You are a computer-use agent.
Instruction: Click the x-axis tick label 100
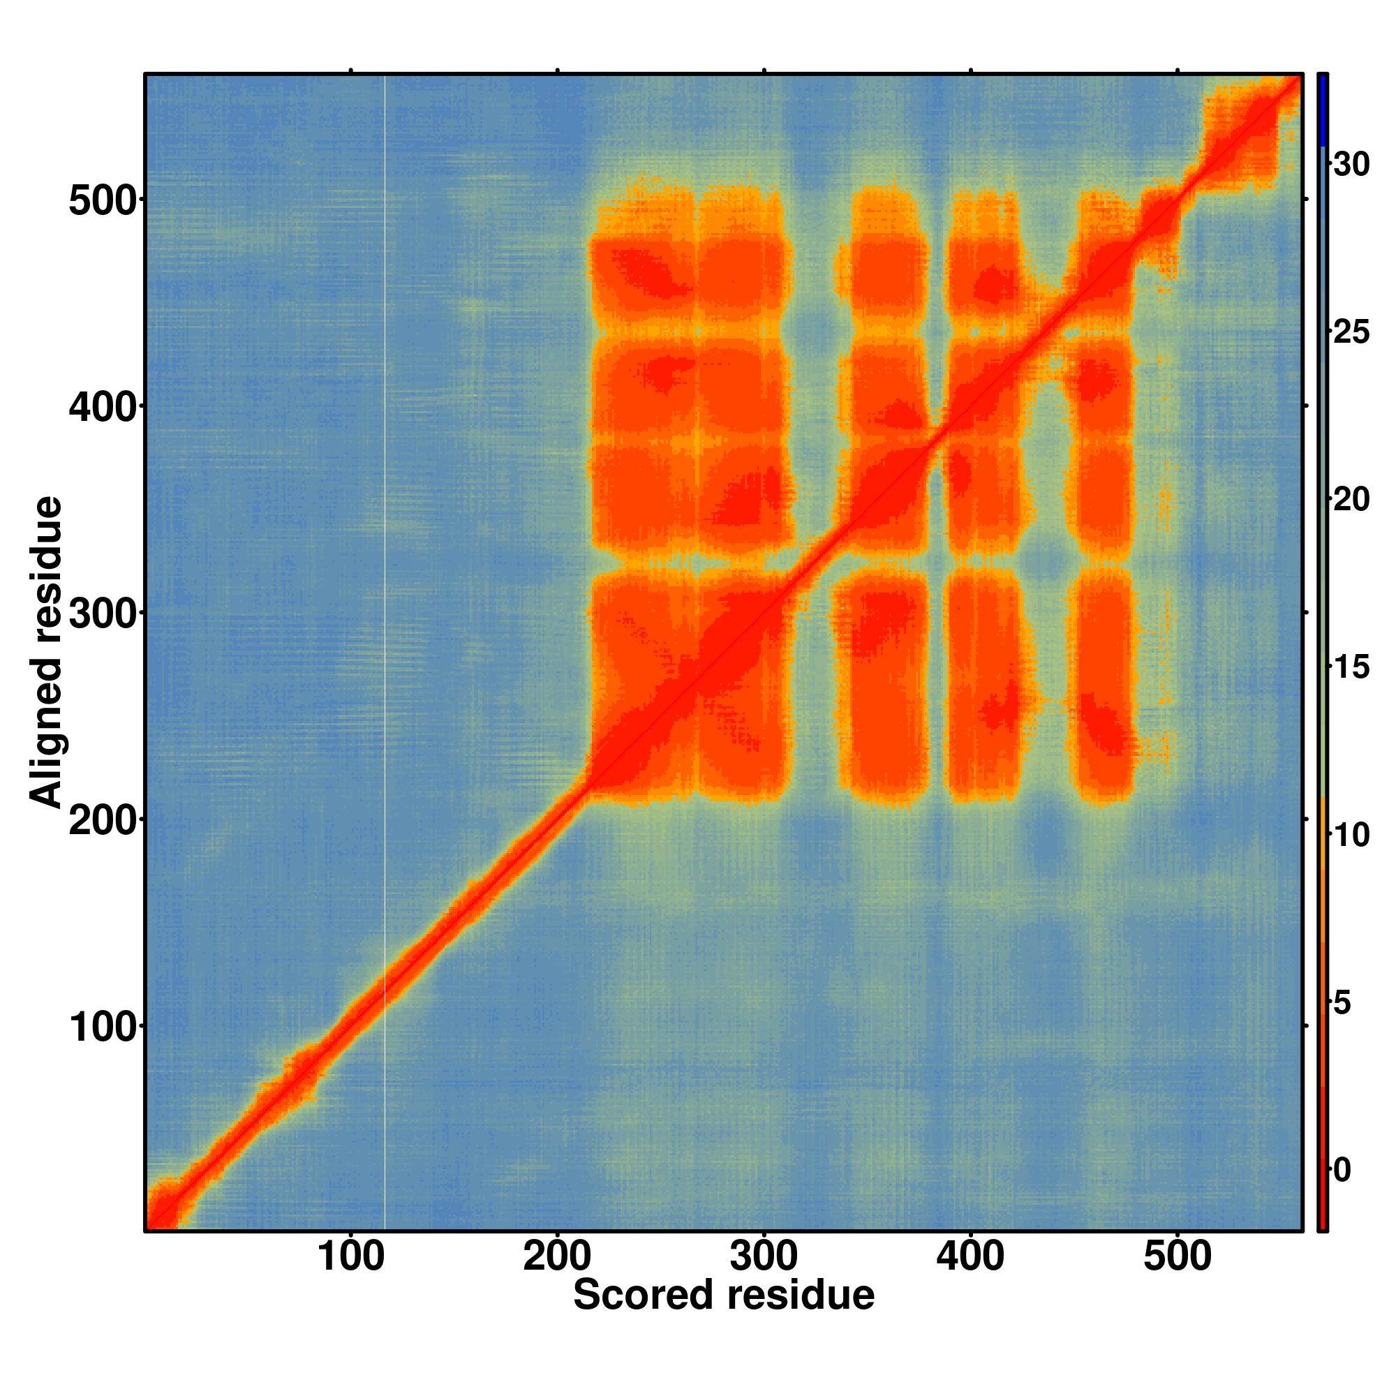tap(350, 1256)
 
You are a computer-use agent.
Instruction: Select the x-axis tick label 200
tap(557, 1256)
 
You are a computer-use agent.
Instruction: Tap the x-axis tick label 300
tap(764, 1256)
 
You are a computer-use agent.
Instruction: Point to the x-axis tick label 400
tap(970, 1256)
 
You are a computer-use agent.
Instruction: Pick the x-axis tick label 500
tap(1177, 1256)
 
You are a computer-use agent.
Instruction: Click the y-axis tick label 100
tap(103, 1028)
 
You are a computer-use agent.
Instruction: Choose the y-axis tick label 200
tap(103, 822)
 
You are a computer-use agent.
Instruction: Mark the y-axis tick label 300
tap(103, 615)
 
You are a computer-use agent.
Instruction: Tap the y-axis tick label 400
tap(103, 408)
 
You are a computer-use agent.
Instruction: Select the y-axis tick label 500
tap(103, 202)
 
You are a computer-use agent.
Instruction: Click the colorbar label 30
tap(1351, 165)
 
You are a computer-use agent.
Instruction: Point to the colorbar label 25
tap(1351, 332)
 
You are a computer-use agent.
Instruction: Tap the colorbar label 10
tap(1351, 835)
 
